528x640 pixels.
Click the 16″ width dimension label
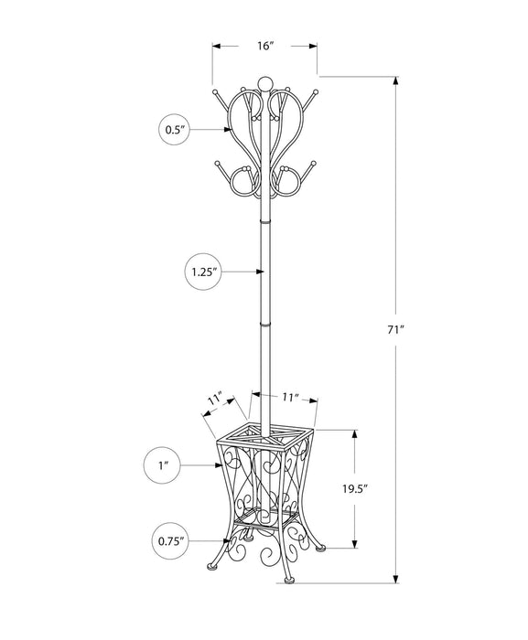pyautogui.click(x=264, y=46)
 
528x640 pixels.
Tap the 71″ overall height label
pyautogui.click(x=395, y=330)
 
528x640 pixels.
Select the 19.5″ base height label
pyautogui.click(x=355, y=488)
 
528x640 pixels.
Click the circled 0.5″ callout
pyautogui.click(x=174, y=130)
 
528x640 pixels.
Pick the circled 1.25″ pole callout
pyautogui.click(x=203, y=272)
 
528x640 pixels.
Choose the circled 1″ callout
pyautogui.click(x=163, y=465)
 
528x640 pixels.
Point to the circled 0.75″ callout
pyautogui.click(x=171, y=541)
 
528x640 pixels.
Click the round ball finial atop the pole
pyautogui.click(x=264, y=83)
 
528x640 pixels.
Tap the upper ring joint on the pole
pyautogui.click(x=264, y=221)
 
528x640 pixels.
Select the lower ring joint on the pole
pyautogui.click(x=264, y=325)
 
